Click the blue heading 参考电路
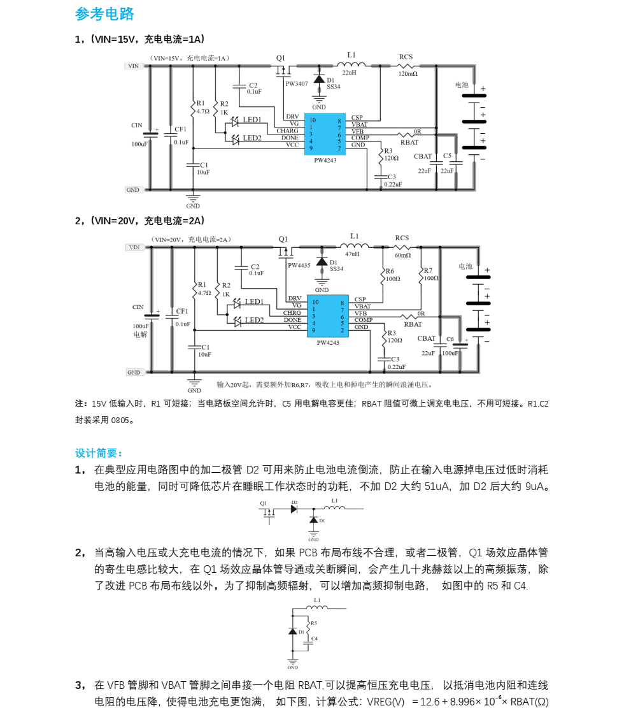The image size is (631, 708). (104, 14)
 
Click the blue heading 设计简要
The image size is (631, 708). (99, 453)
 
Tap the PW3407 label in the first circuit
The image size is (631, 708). (296, 83)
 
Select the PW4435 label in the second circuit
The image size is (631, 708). (299, 266)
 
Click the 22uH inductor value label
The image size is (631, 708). (349, 73)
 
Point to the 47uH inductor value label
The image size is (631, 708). (352, 254)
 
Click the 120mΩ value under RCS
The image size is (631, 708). (408, 73)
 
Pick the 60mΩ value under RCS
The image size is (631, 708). (403, 255)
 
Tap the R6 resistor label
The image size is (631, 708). (390, 271)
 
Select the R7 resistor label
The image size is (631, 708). (428, 270)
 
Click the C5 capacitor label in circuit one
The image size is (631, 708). (447, 155)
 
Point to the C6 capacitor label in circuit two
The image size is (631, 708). (450, 338)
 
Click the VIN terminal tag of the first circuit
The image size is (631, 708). (134, 66)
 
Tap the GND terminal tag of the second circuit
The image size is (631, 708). (134, 373)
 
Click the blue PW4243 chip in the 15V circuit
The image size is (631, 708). (325, 134)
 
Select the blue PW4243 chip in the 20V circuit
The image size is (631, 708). (328, 316)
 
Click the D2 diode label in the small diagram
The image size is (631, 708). (294, 502)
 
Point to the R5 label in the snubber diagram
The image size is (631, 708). (313, 623)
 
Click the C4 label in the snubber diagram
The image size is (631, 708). (315, 639)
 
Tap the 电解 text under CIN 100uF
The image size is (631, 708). (140, 335)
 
